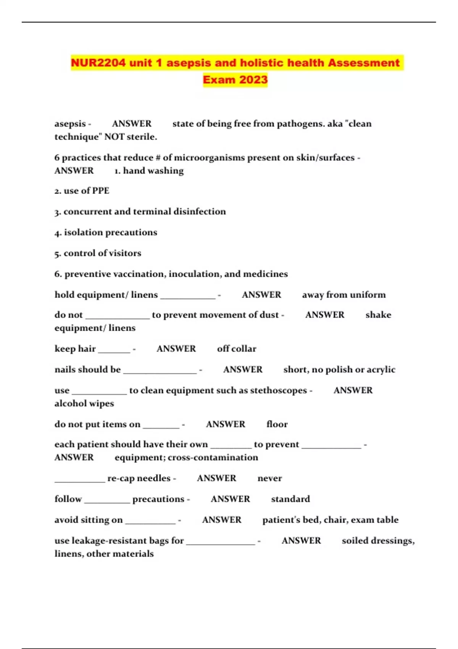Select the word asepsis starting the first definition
point(70,124)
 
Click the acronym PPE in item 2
point(101,191)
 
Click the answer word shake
point(378,315)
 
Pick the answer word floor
point(277,424)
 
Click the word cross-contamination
point(213,457)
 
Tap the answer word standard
point(290,499)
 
